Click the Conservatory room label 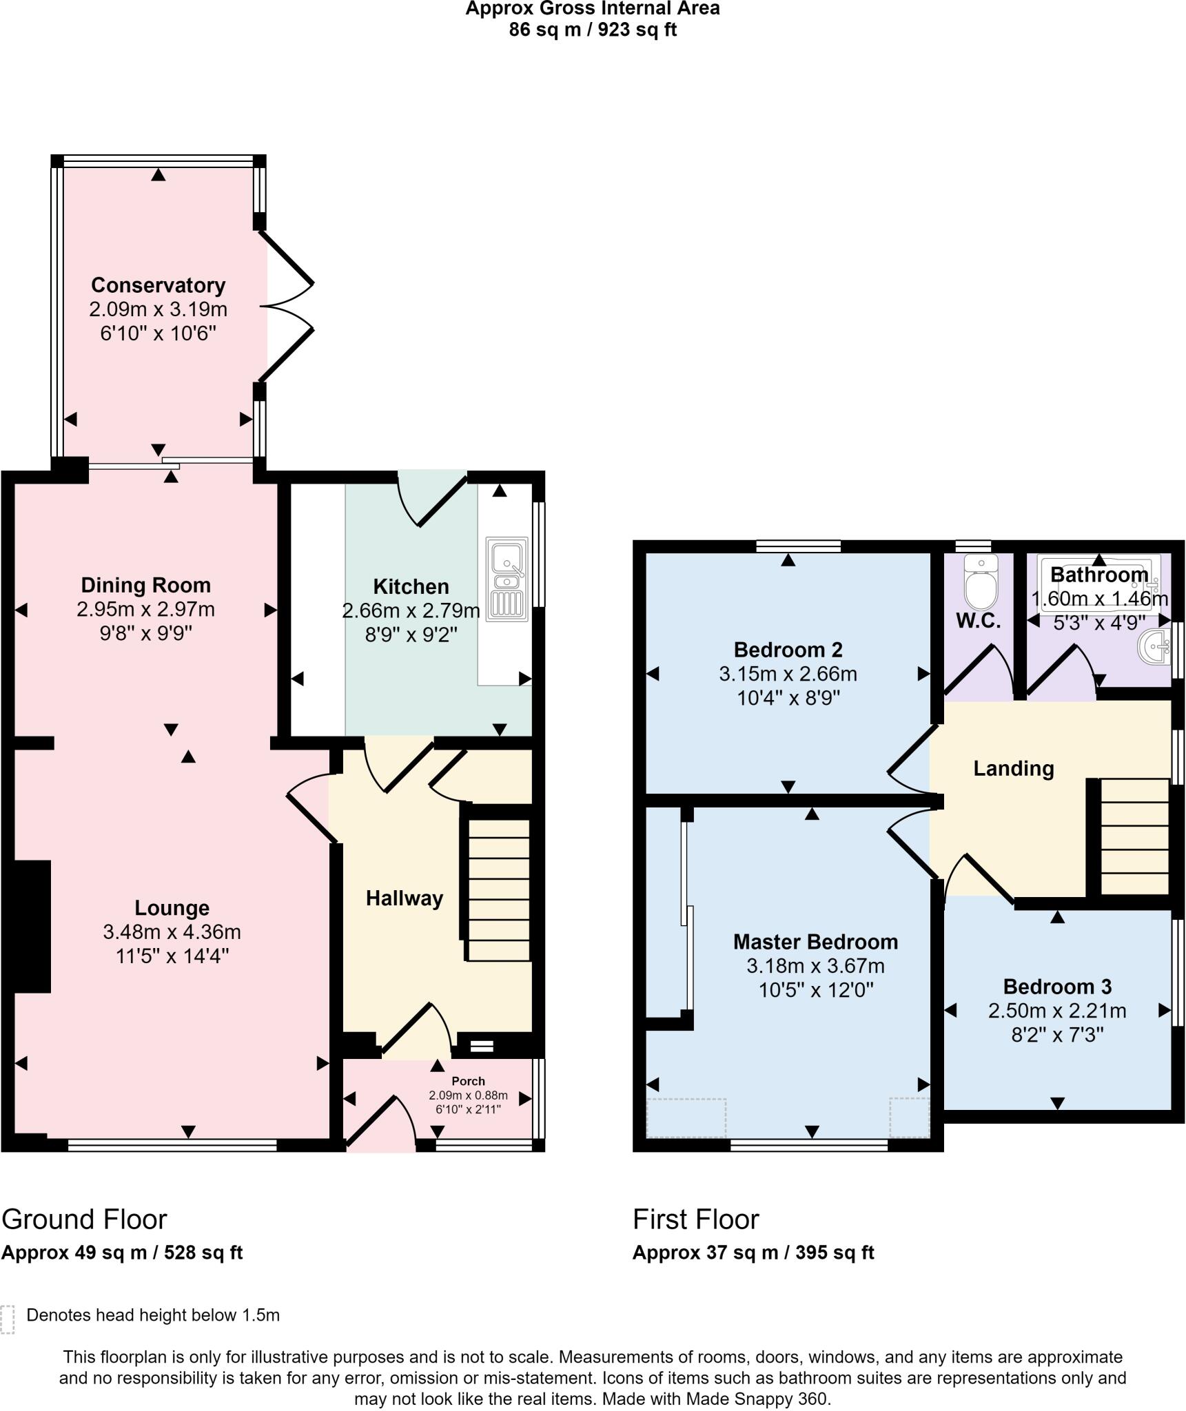click(158, 285)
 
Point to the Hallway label click(404, 898)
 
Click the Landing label click(1013, 768)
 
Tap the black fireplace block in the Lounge click(32, 926)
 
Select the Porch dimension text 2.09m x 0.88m click(468, 1095)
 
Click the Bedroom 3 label click(1057, 987)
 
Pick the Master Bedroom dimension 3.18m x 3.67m click(815, 966)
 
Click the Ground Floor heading click(84, 1219)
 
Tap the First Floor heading click(695, 1219)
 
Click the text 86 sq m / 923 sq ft click(593, 30)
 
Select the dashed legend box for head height click(8, 1319)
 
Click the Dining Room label click(145, 585)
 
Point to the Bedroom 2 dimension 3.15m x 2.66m click(788, 674)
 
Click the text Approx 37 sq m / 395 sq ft click(753, 1253)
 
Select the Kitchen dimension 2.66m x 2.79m click(411, 610)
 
